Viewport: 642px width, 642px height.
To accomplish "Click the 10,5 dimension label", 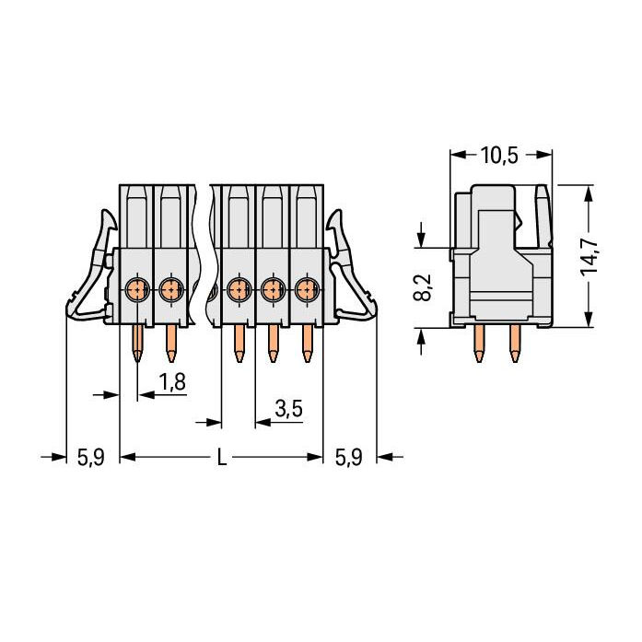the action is coord(499,155).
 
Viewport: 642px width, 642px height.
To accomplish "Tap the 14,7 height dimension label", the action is coord(590,256).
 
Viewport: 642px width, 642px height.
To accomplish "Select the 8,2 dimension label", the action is coord(423,287).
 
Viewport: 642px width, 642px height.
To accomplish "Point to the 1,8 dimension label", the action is coord(172,382).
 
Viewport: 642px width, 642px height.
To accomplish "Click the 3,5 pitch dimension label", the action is coord(288,408).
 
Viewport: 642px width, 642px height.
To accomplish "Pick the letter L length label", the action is coord(221,457).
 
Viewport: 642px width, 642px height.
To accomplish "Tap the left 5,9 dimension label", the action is coord(91,457).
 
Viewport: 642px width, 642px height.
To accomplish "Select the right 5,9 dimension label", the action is coord(349,457).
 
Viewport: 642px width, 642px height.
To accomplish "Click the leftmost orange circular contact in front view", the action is coord(137,290).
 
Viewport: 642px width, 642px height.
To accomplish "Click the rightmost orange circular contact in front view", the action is coord(307,290).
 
